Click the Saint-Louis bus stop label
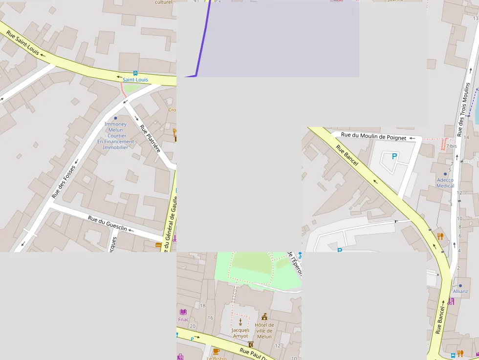click(x=135, y=80)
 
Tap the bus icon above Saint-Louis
click(x=135, y=73)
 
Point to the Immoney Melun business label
click(x=115, y=135)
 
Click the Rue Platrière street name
click(x=150, y=139)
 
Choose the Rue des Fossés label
click(x=64, y=182)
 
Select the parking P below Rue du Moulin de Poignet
click(x=394, y=156)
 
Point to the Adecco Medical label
click(x=445, y=183)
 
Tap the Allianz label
click(x=460, y=291)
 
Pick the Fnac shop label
click(x=183, y=319)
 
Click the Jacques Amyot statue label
click(x=240, y=333)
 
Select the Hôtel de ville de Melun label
click(x=264, y=331)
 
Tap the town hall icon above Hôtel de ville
click(x=264, y=317)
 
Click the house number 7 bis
click(x=451, y=146)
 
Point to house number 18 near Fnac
click(x=203, y=306)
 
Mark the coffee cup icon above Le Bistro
click(x=217, y=351)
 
